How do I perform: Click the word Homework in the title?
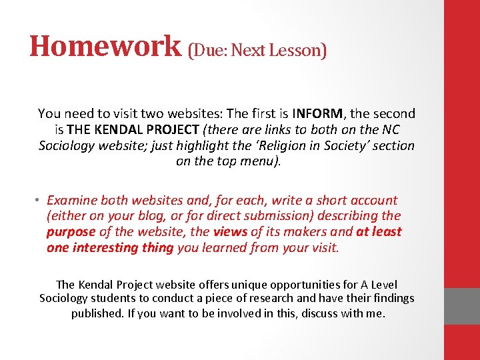tap(105, 47)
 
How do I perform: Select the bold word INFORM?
tap(318, 114)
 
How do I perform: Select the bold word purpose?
tap(71, 232)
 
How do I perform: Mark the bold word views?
tap(229, 232)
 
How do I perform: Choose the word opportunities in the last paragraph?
tap(265, 283)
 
